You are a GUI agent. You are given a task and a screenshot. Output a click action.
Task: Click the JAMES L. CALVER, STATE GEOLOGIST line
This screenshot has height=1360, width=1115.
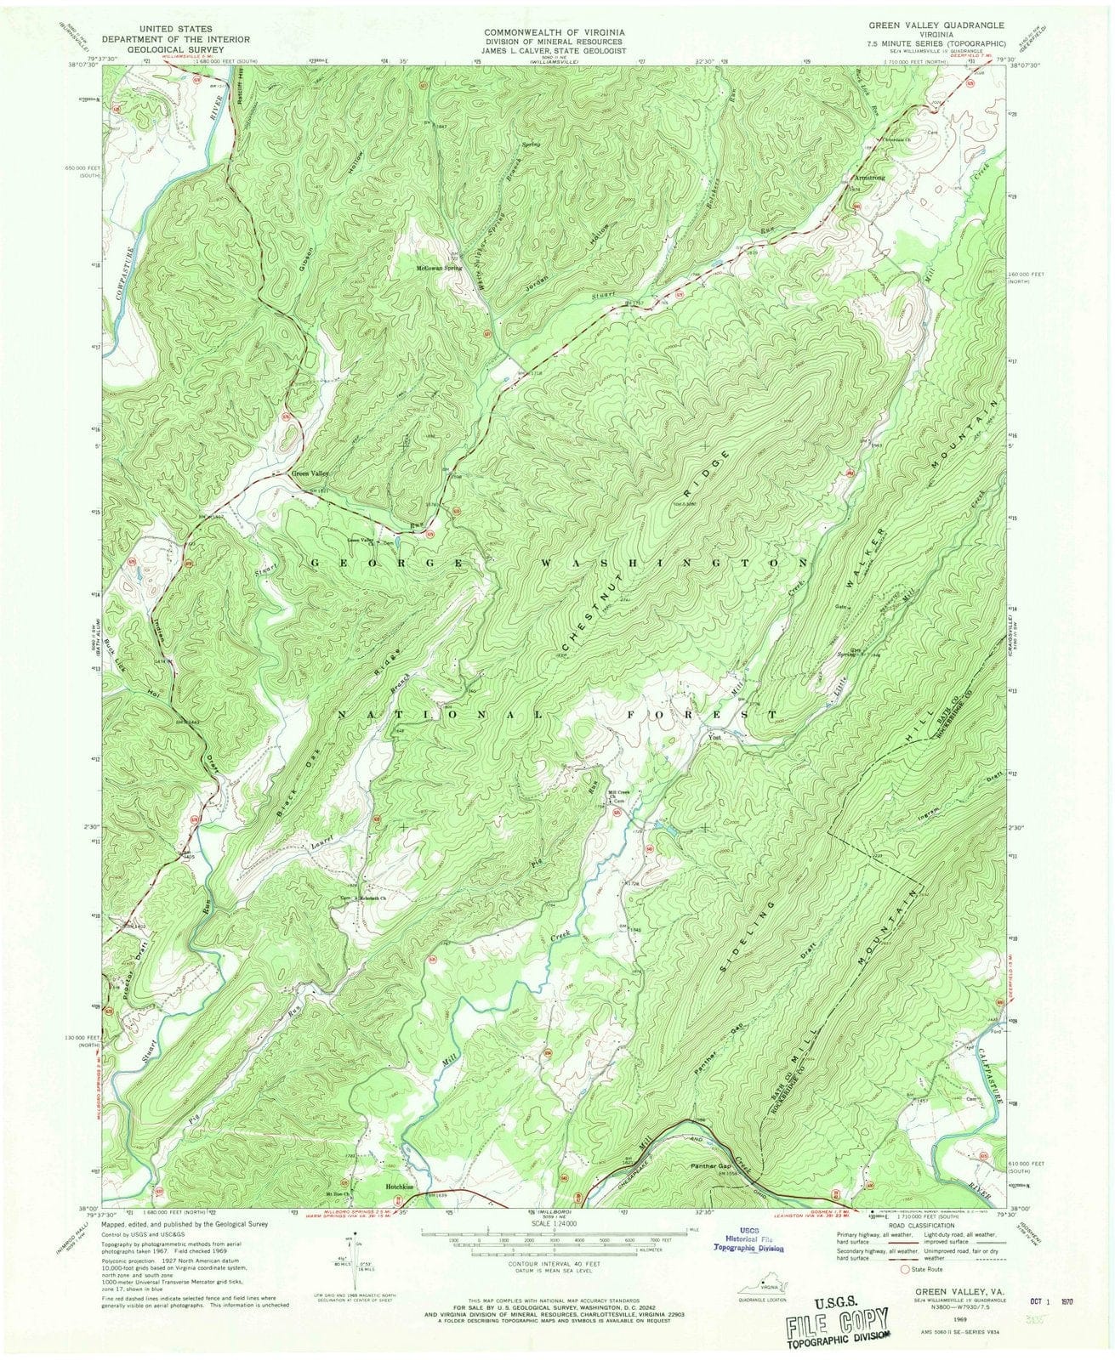[556, 50]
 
